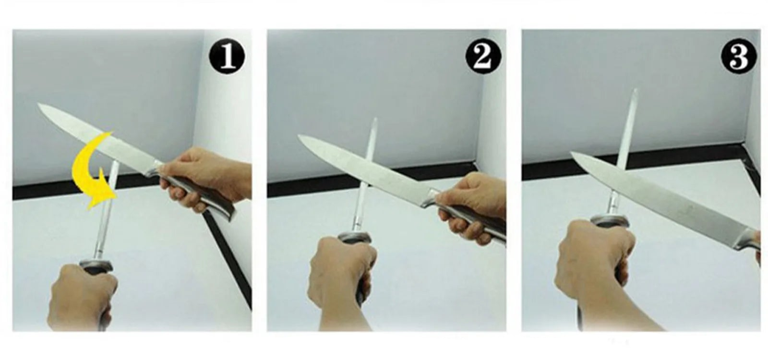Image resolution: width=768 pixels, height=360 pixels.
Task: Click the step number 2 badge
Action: (483, 56)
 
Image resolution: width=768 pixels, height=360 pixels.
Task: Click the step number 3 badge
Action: (739, 56)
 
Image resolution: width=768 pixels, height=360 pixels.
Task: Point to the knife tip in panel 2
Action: (299, 136)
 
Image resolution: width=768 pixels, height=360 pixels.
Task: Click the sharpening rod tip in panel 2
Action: (374, 119)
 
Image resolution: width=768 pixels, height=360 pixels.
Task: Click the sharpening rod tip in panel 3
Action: (635, 89)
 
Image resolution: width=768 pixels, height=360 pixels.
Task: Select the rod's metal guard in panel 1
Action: (96, 264)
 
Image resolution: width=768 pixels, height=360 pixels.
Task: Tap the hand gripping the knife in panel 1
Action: (206, 178)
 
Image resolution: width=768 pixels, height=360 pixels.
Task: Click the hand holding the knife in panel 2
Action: (475, 209)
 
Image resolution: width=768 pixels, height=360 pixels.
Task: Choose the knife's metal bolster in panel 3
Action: (746, 240)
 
